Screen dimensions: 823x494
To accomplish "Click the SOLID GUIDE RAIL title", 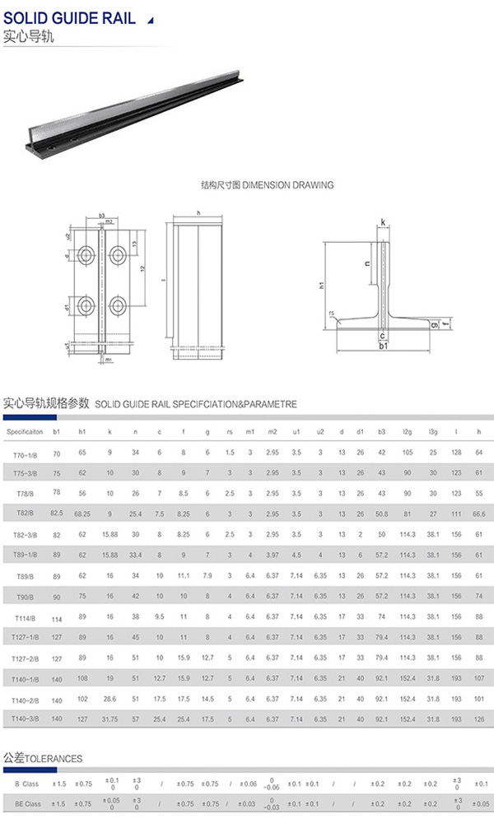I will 70,19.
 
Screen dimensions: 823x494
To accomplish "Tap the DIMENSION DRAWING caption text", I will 268,185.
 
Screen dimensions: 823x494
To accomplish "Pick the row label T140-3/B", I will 26,719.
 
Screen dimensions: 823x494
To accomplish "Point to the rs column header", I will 230,431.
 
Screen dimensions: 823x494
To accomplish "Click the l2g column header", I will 408,431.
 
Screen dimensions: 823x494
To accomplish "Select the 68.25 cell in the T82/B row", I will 82,513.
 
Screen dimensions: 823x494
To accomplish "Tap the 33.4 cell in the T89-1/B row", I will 136,556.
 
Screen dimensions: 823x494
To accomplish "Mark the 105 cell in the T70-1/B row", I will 408,454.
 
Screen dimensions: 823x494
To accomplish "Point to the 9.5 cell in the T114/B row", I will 160,616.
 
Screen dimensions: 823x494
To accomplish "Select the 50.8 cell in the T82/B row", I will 381,513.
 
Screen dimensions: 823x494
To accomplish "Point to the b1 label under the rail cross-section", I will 383,347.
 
